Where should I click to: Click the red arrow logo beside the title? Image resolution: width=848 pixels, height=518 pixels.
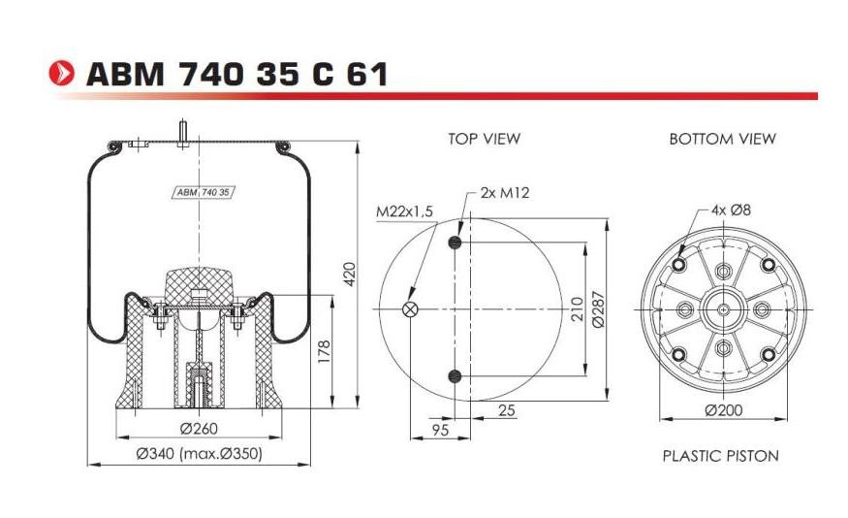(x=61, y=73)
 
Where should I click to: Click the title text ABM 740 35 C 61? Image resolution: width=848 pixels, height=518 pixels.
(x=236, y=74)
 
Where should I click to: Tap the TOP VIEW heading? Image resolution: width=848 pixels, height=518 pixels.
(x=484, y=139)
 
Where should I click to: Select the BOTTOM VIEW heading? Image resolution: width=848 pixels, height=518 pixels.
(x=723, y=139)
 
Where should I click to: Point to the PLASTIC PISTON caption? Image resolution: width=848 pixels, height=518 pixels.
(x=721, y=456)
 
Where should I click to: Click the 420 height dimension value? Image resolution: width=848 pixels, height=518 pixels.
(x=350, y=274)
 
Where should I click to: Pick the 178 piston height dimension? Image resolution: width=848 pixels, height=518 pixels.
(x=324, y=352)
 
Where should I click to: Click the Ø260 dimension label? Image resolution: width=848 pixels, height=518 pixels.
(x=199, y=428)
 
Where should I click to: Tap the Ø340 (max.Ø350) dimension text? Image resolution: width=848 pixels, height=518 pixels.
(x=199, y=453)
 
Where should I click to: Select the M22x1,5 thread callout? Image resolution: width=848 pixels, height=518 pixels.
(x=404, y=211)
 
